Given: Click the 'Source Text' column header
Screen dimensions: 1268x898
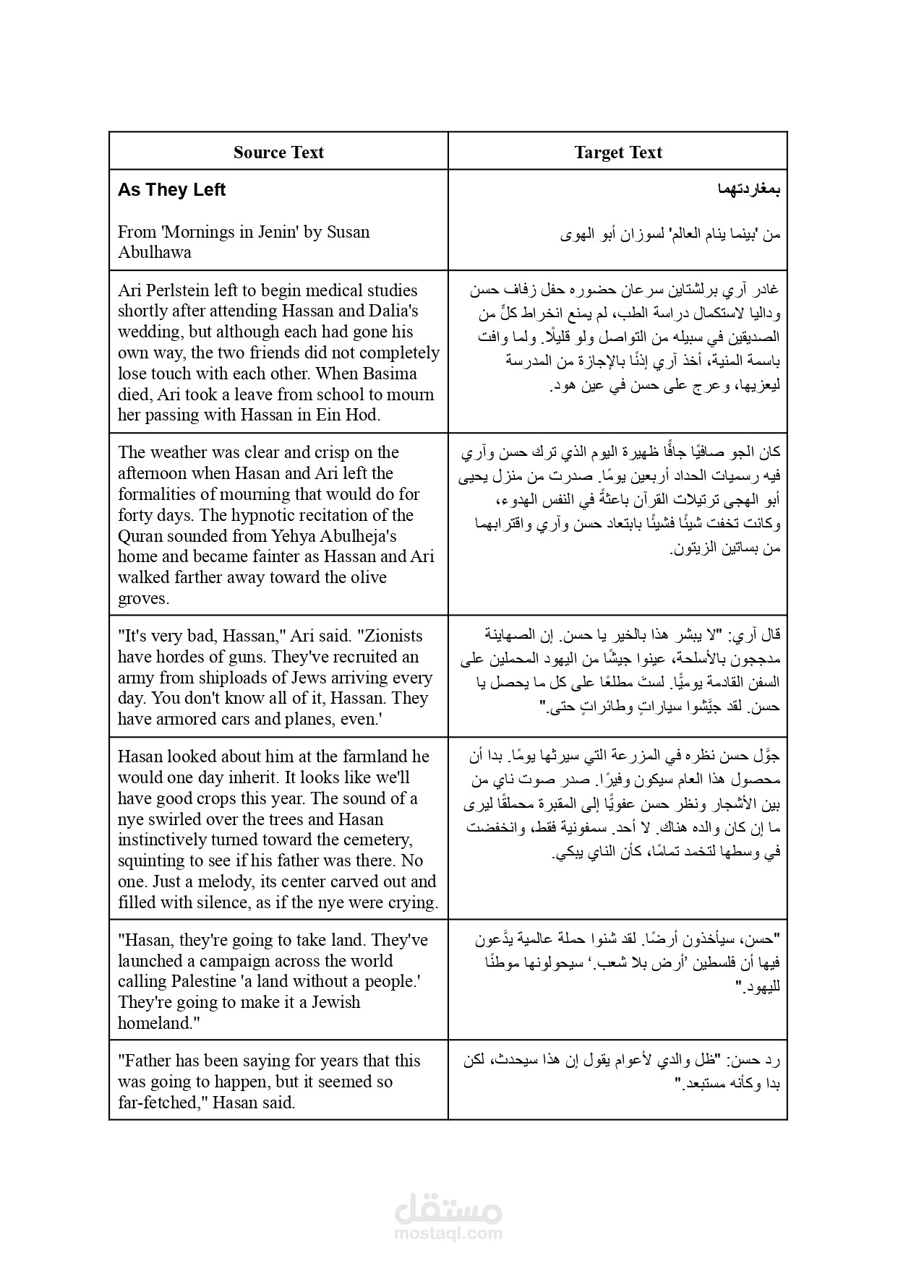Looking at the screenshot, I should point(278,152).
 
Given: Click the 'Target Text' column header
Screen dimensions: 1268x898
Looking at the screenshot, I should point(618,152).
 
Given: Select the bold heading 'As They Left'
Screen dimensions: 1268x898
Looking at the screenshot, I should point(171,190).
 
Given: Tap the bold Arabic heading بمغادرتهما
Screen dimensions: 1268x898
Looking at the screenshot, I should point(749,190).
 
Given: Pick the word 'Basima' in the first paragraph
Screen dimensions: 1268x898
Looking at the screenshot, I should point(393,374).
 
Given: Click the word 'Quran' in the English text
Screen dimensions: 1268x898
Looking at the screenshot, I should point(141,536).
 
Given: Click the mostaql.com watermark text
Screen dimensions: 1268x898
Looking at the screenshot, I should point(448,1233).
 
